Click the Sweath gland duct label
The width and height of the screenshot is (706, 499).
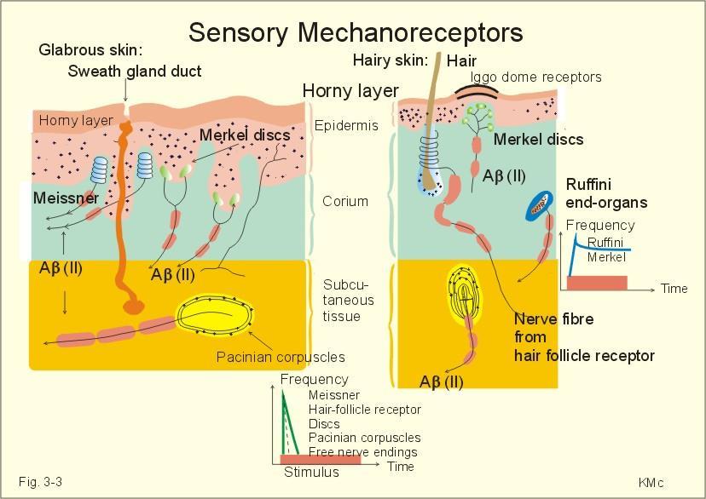135,71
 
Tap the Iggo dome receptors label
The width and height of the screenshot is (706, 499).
535,77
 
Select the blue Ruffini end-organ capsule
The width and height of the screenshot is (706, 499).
539,205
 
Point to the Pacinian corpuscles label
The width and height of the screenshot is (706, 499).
281,357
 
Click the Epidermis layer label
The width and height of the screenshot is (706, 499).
346,125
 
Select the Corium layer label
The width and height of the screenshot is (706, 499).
345,201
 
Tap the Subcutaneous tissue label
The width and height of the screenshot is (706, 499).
348,301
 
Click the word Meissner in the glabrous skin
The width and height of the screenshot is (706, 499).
66,198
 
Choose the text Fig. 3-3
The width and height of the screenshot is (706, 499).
41,482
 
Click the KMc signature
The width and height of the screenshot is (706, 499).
651,483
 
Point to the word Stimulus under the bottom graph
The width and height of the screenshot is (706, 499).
311,472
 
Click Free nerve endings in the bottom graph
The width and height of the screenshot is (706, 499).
363,452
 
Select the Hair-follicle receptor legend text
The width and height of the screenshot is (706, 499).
365,410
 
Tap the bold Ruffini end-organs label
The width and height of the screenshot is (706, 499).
606,193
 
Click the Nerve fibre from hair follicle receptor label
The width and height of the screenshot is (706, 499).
584,337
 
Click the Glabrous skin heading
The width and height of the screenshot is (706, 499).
90,49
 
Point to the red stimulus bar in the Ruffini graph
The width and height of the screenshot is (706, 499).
597,284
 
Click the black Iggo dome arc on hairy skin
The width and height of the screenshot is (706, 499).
477,89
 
